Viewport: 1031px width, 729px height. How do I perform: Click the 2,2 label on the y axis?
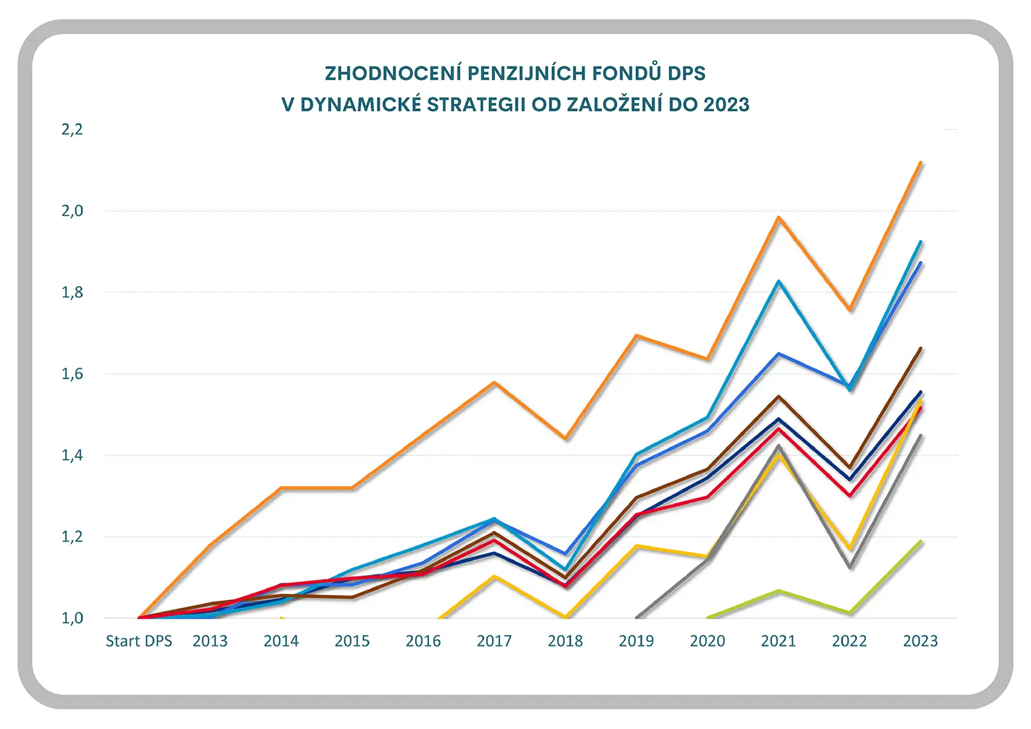[72, 130]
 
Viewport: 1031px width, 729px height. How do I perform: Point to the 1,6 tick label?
[72, 374]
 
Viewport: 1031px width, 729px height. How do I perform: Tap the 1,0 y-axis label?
[72, 618]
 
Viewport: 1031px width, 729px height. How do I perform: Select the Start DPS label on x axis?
[139, 641]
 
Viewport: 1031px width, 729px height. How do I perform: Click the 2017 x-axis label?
[494, 641]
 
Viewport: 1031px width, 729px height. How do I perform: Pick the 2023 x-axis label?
[920, 641]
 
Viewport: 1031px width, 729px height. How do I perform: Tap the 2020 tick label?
[707, 641]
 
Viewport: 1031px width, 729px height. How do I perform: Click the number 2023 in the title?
[726, 104]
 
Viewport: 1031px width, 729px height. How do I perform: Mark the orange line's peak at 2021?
[778, 217]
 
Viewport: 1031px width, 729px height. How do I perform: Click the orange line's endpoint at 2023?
[921, 162]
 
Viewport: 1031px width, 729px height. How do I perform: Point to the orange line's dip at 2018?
[565, 439]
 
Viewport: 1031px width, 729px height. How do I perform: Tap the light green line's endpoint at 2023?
[921, 541]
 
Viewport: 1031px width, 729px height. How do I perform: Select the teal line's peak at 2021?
[778, 281]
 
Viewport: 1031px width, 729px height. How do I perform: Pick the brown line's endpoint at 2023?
[921, 348]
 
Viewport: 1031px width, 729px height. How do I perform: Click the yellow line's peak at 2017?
[494, 576]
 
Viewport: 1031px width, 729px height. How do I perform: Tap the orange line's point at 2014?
[281, 488]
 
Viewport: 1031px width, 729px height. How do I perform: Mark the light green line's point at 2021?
[778, 590]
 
